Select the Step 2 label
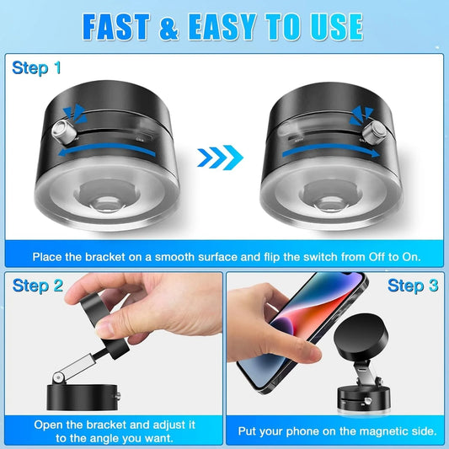(x=39, y=286)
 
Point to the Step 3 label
(x=413, y=286)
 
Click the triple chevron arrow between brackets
(x=220, y=156)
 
